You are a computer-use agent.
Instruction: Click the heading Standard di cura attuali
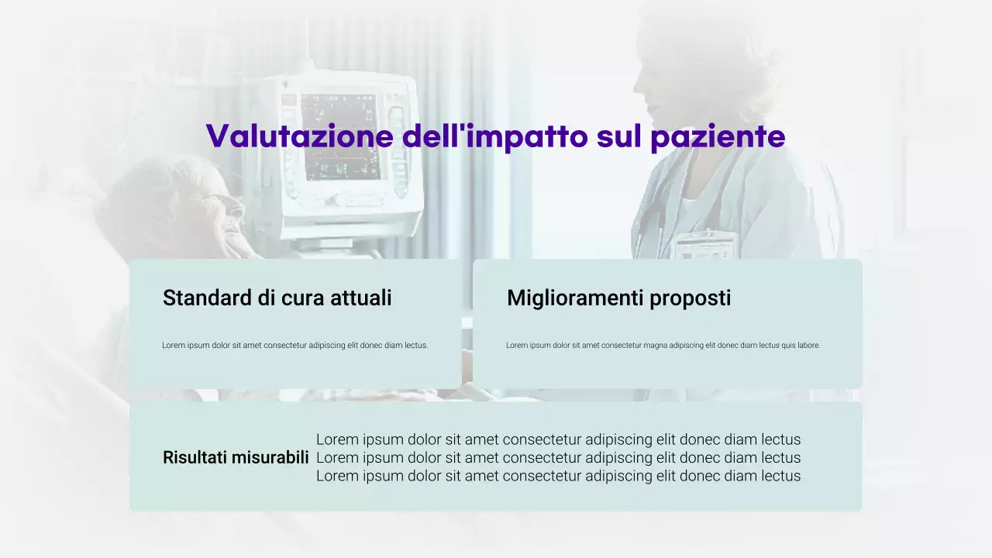click(x=277, y=298)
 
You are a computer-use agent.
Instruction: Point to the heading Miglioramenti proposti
click(x=618, y=298)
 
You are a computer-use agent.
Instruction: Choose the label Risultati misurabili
click(x=236, y=457)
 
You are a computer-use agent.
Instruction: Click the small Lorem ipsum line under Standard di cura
click(x=294, y=346)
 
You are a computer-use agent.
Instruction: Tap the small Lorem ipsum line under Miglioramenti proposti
click(x=663, y=346)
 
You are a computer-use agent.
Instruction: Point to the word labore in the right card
click(x=808, y=346)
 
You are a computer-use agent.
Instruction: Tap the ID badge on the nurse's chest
click(x=704, y=246)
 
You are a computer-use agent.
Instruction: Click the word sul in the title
click(x=620, y=136)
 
